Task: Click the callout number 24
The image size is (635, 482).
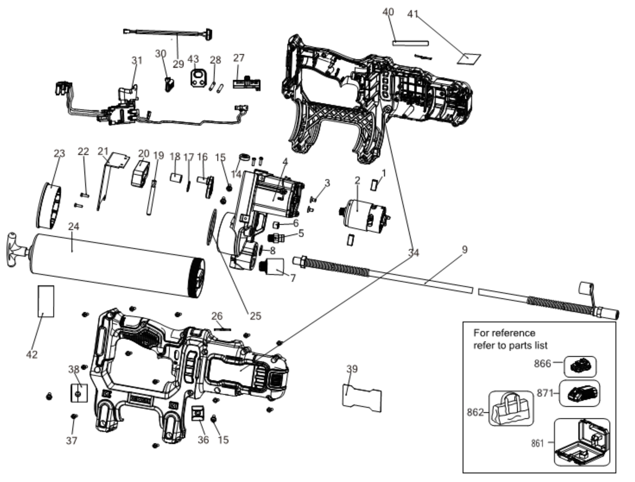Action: [74, 227]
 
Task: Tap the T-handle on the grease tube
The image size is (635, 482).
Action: [14, 250]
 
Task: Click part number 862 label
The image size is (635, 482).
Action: [475, 412]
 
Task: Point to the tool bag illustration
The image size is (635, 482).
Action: [511, 408]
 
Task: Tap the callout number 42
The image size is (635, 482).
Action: [32, 355]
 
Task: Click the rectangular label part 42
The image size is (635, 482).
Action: [46, 301]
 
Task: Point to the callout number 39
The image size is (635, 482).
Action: [352, 369]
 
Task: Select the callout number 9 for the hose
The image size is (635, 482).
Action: [465, 249]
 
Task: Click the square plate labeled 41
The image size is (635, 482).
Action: [469, 59]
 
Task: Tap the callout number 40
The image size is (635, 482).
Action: [388, 12]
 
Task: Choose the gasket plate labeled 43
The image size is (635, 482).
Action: [198, 77]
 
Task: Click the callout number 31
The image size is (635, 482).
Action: [137, 61]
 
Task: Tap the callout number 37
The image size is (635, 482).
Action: [71, 440]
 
